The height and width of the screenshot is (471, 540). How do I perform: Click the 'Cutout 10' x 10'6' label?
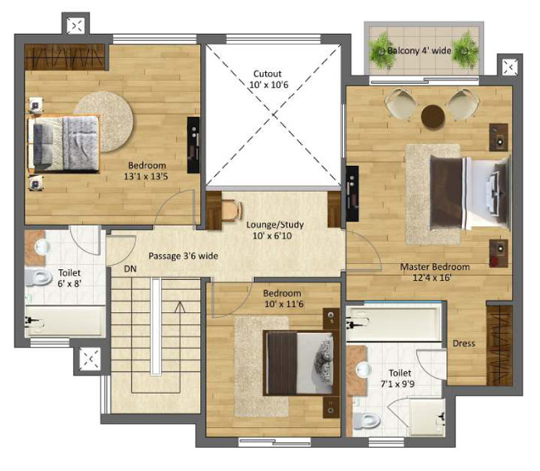click(x=268, y=79)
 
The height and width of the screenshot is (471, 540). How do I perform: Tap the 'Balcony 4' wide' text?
click(x=419, y=51)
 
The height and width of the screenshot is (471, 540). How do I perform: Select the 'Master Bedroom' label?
click(x=434, y=267)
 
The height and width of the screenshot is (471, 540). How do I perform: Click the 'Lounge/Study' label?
click(x=275, y=225)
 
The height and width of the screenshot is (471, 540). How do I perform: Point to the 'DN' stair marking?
click(x=130, y=269)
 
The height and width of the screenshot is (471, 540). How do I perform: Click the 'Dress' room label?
click(x=464, y=343)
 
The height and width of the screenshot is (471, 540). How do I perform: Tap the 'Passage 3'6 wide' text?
click(x=184, y=256)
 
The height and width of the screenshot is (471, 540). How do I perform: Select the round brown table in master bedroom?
click(x=433, y=116)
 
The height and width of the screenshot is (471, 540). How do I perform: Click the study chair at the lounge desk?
click(x=232, y=211)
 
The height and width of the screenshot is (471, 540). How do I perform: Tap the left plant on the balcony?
click(x=381, y=51)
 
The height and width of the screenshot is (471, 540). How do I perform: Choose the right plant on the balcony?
click(x=465, y=51)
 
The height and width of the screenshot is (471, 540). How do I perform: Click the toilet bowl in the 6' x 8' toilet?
click(x=38, y=277)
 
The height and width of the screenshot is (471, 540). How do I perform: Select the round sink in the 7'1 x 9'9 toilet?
click(x=364, y=370)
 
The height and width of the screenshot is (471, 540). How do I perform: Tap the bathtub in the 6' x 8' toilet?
click(x=65, y=321)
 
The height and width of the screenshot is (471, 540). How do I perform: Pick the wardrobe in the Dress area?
click(x=499, y=346)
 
